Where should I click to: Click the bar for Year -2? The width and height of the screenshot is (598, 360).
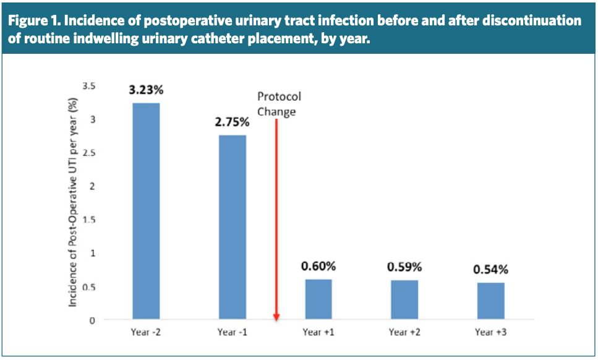(146, 211)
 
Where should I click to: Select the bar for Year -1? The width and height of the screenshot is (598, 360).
(232, 227)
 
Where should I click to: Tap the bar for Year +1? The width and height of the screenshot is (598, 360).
(318, 299)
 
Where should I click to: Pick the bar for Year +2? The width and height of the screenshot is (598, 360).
(404, 300)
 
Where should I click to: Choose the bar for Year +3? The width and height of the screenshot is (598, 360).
(490, 301)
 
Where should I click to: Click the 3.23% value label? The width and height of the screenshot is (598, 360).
(146, 90)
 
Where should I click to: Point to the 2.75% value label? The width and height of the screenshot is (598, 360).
(232, 122)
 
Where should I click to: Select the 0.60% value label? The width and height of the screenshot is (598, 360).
(318, 267)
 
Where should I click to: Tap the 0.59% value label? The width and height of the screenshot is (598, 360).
(404, 267)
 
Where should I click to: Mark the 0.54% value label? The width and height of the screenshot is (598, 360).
(490, 270)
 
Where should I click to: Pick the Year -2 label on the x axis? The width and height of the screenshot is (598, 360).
(146, 333)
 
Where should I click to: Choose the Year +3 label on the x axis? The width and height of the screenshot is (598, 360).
(490, 333)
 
